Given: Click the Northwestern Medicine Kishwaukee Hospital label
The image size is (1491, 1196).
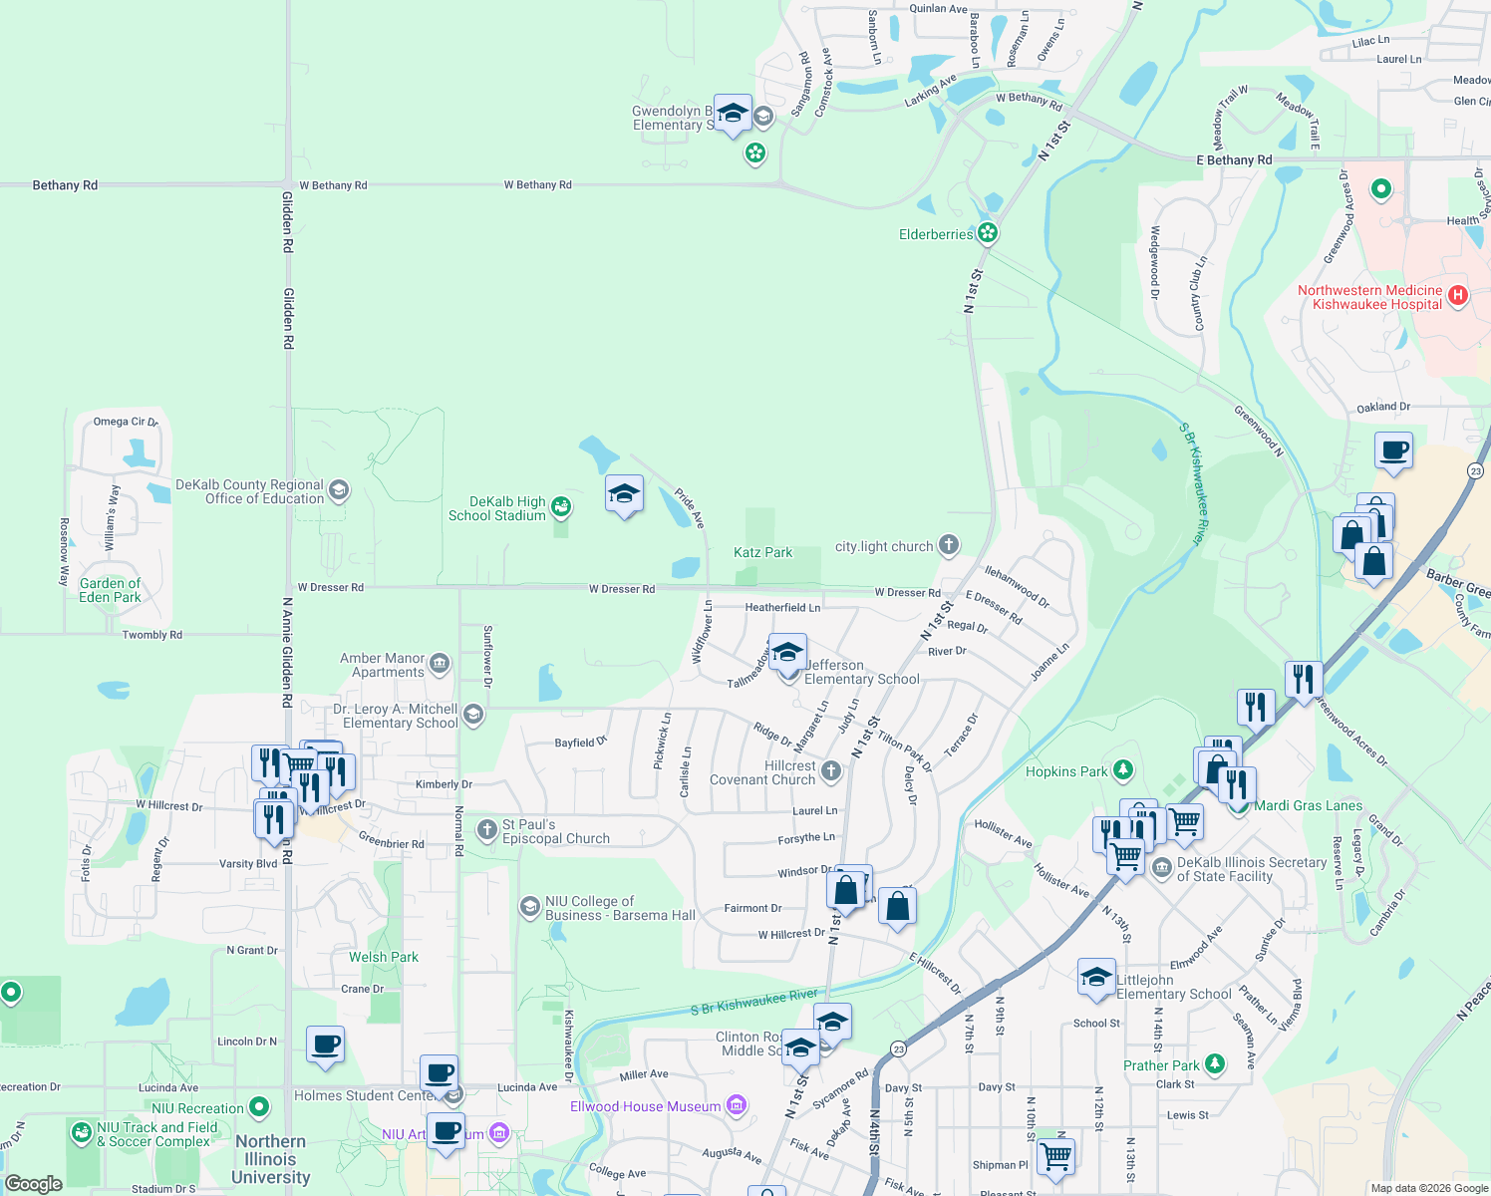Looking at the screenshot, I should click(x=1369, y=297).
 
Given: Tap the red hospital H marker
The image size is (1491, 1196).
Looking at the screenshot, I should click(x=1458, y=295).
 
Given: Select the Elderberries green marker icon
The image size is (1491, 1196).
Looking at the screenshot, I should click(x=988, y=234).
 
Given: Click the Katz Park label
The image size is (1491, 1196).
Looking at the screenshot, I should click(x=762, y=552).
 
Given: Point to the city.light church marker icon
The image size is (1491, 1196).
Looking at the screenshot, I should click(x=949, y=545).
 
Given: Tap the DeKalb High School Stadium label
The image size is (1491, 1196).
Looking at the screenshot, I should click(x=497, y=508).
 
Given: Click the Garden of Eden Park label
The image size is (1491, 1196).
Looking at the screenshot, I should click(x=110, y=590).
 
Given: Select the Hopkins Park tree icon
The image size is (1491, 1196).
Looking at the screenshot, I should click(x=1123, y=770).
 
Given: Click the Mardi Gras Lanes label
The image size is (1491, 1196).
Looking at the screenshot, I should click(x=1308, y=805).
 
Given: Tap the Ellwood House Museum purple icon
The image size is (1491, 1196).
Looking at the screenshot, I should click(x=737, y=1105).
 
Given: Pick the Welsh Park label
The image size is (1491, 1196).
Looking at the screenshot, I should click(x=383, y=957).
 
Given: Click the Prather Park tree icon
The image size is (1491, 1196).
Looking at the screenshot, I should click(x=1214, y=1064).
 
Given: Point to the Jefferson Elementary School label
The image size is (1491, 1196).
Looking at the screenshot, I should click(x=862, y=672).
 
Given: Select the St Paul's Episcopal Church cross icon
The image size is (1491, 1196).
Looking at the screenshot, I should click(x=486, y=829).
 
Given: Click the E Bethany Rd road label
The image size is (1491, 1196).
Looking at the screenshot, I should click(x=1234, y=159).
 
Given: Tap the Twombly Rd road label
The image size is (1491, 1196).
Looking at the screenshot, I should click(x=151, y=635).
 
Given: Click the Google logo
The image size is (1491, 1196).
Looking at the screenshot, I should click(x=33, y=1184).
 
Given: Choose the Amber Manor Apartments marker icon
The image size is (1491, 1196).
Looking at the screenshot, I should click(x=440, y=664).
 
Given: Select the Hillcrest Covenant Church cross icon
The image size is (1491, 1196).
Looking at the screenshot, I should click(x=830, y=770).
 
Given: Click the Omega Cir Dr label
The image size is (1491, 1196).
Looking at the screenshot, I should click(x=126, y=422).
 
